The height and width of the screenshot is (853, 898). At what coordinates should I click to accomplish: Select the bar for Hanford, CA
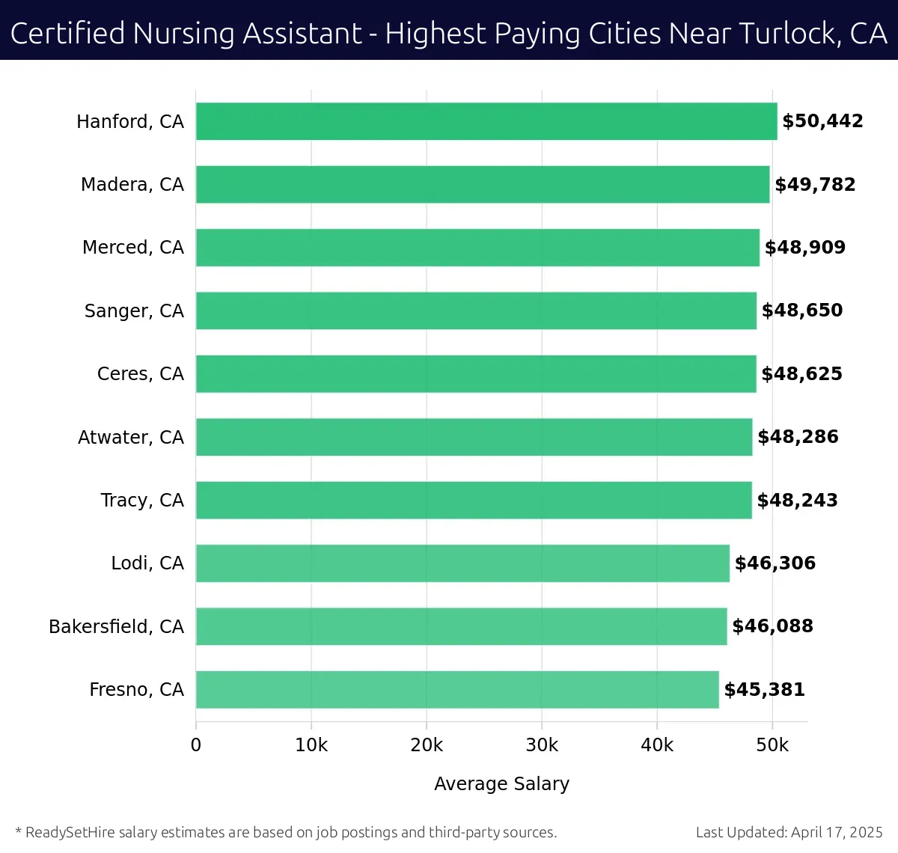tap(486, 121)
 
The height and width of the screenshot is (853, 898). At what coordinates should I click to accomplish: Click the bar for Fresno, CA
tap(457, 689)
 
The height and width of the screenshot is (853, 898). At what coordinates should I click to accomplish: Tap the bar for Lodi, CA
tap(462, 563)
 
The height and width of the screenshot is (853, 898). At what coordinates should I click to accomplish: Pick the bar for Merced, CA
tap(477, 248)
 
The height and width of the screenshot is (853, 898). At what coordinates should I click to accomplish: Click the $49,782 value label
tap(815, 185)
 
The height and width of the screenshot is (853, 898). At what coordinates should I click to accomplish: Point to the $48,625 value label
tap(801, 374)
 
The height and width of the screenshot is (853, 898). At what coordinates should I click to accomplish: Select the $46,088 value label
tap(772, 626)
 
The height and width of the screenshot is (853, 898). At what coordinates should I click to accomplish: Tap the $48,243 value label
tap(797, 501)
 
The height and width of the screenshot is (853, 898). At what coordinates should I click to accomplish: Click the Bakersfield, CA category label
tap(116, 626)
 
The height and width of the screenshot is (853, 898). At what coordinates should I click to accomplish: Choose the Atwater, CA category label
tap(131, 437)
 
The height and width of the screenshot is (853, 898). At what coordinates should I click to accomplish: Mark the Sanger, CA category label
tap(134, 311)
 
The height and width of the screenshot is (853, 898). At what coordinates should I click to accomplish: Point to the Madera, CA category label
tap(132, 185)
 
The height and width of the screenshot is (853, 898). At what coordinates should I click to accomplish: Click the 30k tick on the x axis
tap(542, 745)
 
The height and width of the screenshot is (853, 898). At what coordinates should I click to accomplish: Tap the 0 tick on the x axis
tap(196, 745)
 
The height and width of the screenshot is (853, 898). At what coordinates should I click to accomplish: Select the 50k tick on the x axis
tap(772, 745)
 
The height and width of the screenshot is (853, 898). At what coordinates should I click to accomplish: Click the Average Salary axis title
tap(501, 783)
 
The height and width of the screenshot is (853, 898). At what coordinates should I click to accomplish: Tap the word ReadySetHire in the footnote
tap(70, 832)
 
